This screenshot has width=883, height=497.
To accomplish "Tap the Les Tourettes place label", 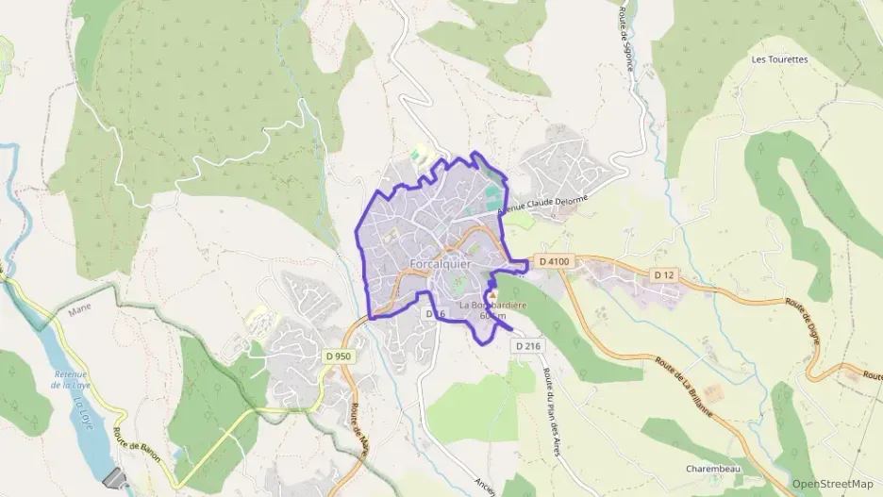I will coord(779,59).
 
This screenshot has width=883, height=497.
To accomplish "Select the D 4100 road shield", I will coord(555,260).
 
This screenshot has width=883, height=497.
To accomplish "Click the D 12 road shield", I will coord(665,273).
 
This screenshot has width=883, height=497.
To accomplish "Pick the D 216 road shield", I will coord(528,346).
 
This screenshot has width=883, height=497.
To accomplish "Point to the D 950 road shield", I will coord(338,356).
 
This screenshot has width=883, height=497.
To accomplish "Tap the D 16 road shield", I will coord(435,313).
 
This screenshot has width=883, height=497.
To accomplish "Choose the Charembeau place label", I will coord(712,468).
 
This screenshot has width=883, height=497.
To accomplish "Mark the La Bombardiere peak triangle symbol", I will coord(491,295).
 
